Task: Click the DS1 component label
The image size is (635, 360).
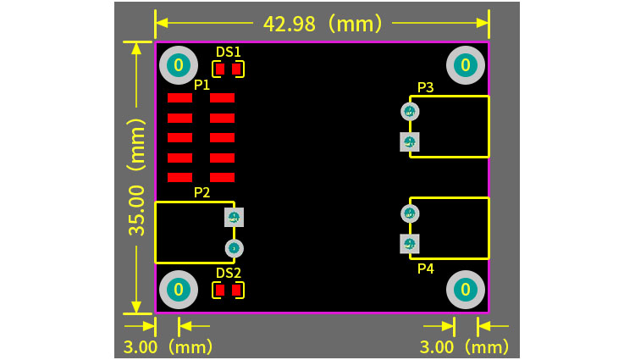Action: [228, 52]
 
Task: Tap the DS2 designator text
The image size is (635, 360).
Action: [228, 273]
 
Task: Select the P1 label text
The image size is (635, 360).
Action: [202, 85]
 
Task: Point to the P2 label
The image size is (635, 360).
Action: [202, 192]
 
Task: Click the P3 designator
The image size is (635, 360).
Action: [425, 87]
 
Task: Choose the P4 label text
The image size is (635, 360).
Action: [425, 269]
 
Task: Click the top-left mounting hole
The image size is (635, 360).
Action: [178, 64]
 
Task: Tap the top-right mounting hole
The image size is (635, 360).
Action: [465, 64]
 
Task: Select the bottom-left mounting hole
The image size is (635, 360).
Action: [178, 290]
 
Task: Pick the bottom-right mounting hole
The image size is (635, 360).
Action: [465, 290]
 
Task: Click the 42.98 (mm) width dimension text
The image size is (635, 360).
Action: [323, 23]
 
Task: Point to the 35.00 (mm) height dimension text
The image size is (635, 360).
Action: [138, 176]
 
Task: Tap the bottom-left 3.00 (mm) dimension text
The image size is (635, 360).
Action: [168, 346]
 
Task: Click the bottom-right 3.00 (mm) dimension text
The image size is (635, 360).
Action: [465, 346]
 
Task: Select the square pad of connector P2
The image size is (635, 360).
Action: [235, 218]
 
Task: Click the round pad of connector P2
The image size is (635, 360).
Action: [235, 248]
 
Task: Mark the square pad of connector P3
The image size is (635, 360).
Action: [410, 141]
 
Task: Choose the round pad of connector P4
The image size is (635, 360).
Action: [410, 213]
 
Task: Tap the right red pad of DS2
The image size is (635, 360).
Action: [237, 290]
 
